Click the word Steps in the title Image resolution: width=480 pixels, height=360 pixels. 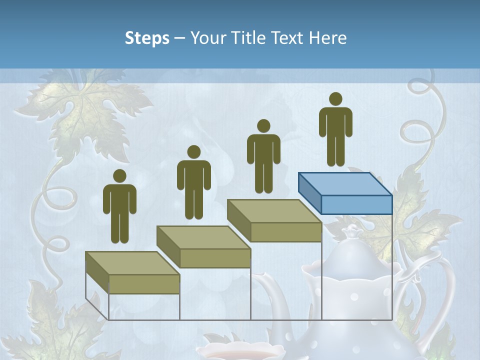[147, 38]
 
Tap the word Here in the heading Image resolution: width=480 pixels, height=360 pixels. [328, 38]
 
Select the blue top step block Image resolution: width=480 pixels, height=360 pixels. [345, 193]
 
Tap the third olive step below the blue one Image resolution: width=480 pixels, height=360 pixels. [274, 220]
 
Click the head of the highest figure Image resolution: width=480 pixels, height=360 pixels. [335, 99]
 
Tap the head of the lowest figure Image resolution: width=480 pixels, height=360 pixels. [119, 175]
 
